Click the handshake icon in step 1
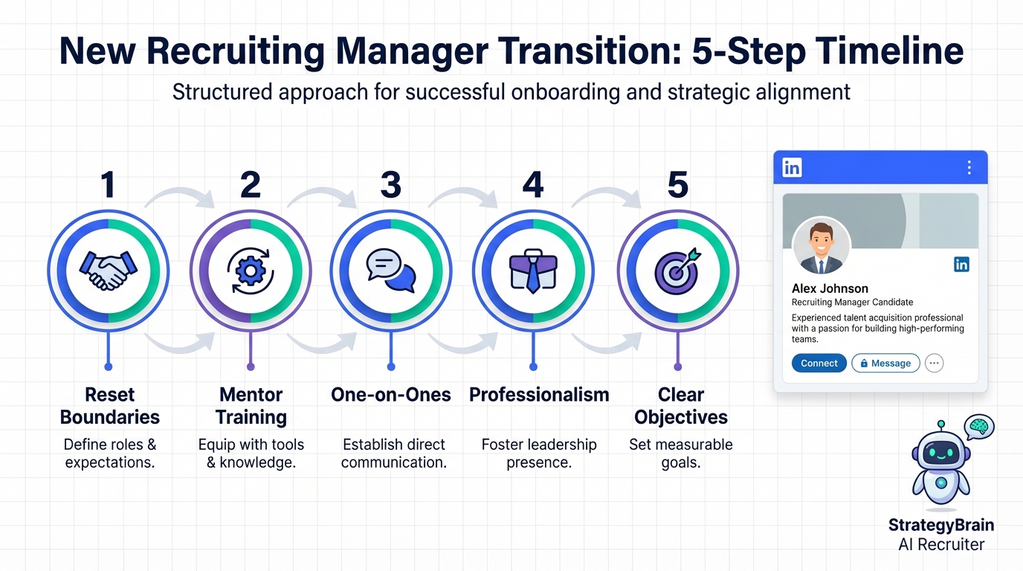pos(109,271)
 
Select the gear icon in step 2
pos(251,271)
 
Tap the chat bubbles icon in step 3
pos(391,271)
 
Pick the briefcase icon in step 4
pos(533,271)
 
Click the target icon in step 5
pos(677,271)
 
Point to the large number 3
pos(391,184)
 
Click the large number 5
pos(678,184)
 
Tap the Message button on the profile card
pos(885,363)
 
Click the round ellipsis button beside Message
pos(934,363)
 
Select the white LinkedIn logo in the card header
pos(792,167)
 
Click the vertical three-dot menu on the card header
pos(969,167)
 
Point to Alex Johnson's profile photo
pos(821,246)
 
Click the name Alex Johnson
pos(830,288)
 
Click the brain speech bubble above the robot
pos(978,427)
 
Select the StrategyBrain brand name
pos(941,525)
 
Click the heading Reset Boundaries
pos(109,406)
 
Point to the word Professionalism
pos(539,395)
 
